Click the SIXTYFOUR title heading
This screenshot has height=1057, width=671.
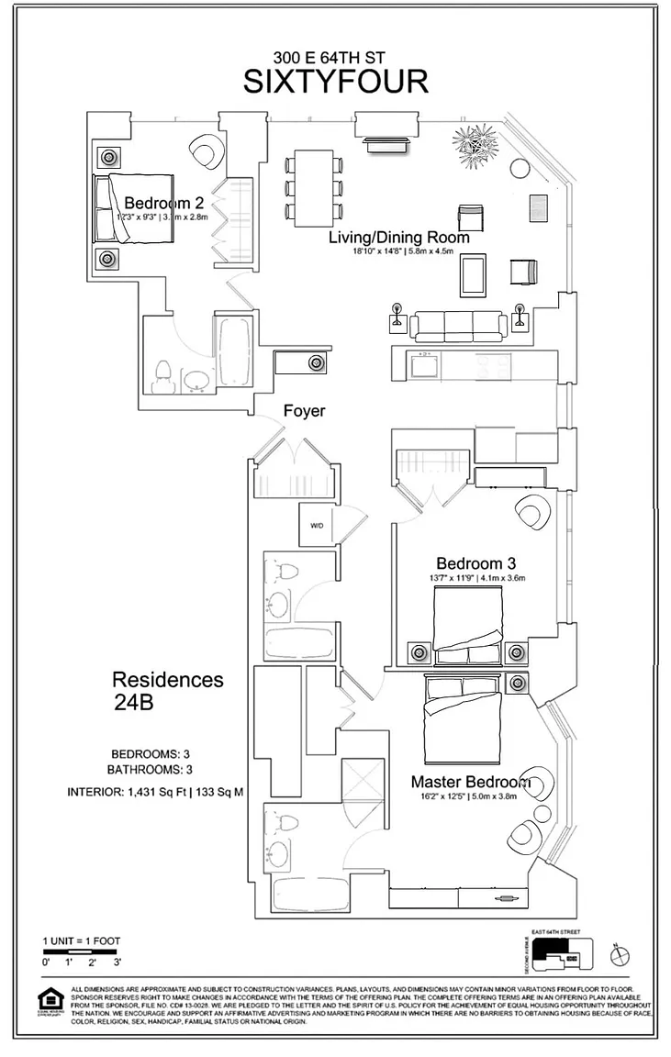click(335, 82)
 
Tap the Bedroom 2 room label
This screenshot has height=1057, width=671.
click(163, 203)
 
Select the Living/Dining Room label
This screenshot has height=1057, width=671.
click(399, 238)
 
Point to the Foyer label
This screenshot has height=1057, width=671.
click(304, 411)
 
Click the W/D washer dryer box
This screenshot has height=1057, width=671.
click(318, 526)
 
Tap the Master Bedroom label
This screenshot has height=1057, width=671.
click(471, 783)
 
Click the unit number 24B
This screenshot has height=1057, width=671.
click(135, 705)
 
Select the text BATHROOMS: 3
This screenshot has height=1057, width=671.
click(149, 769)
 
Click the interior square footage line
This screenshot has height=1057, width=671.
click(155, 792)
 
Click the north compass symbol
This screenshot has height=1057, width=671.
click(621, 956)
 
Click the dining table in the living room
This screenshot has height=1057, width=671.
click(314, 188)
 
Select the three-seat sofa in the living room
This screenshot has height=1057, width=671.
click(457, 325)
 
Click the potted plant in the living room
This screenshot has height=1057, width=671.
click(476, 150)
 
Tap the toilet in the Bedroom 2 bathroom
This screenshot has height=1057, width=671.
click(164, 376)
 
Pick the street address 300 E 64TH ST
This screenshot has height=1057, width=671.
click(335, 57)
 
